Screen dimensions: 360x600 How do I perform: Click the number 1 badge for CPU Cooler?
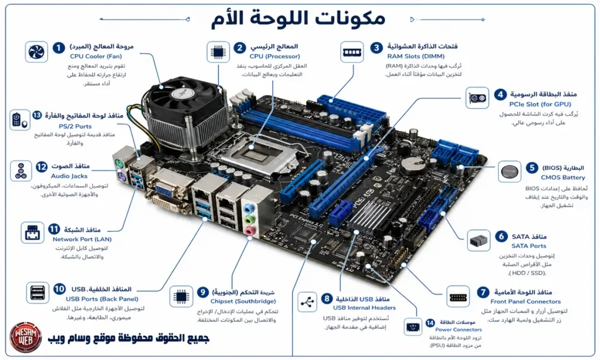(59, 47)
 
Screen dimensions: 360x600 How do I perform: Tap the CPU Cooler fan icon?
(36, 52)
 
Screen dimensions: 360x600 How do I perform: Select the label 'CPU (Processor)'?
(275, 57)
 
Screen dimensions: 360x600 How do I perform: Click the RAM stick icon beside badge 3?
(351, 51)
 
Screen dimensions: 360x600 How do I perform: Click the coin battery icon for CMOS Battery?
(507, 172)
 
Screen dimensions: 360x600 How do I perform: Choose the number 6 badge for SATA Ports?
(501, 236)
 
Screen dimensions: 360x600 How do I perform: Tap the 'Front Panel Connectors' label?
(526, 301)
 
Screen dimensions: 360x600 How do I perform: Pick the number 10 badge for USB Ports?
(59, 289)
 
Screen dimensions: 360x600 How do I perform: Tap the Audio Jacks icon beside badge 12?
(22, 171)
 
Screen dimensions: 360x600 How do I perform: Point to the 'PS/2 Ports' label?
(75, 126)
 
